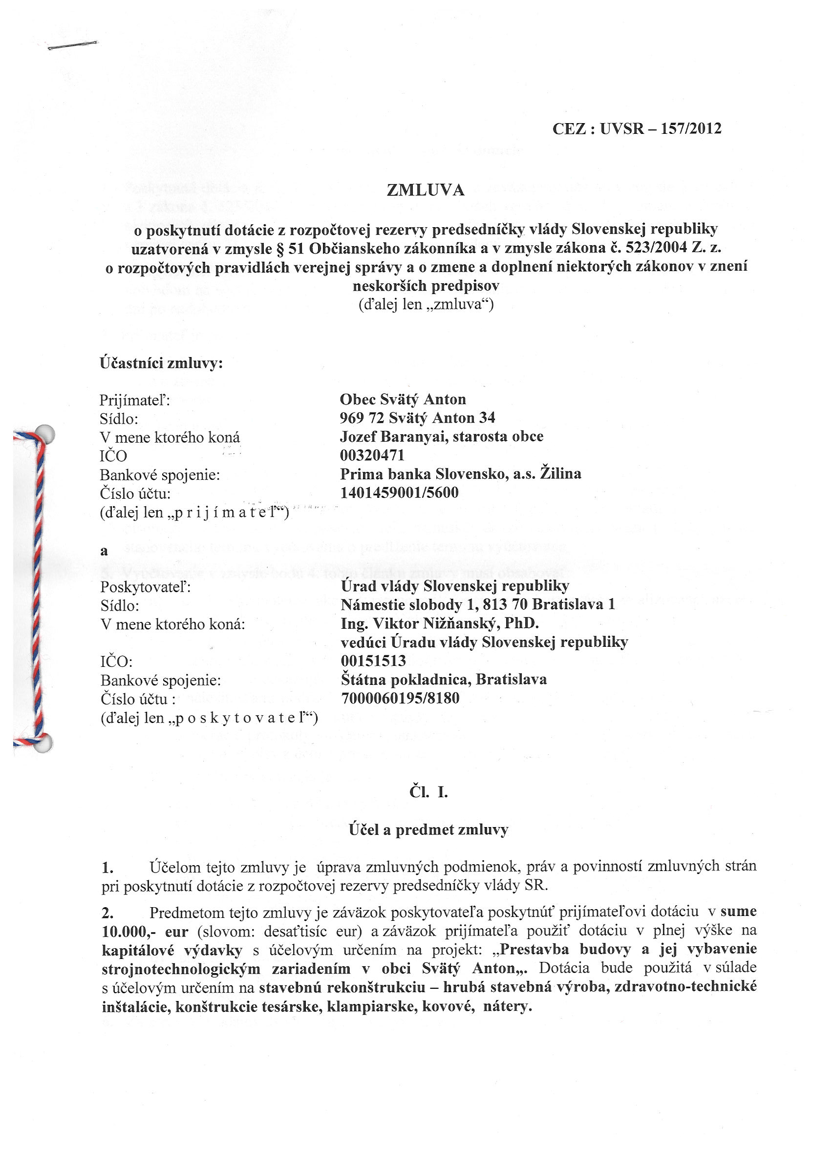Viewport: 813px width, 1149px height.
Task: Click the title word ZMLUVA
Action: (x=426, y=190)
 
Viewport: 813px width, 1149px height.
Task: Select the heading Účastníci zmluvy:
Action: (x=161, y=363)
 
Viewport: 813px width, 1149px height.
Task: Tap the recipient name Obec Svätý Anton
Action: (x=403, y=399)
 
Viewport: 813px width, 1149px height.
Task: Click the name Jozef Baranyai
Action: (x=393, y=436)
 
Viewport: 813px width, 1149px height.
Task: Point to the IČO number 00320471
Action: (x=372, y=455)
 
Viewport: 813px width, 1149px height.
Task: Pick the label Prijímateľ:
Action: (x=135, y=401)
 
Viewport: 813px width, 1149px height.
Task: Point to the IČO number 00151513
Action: (x=373, y=661)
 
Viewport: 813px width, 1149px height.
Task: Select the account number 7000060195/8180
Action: (x=400, y=698)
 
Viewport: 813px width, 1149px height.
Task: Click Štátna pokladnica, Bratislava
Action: (x=444, y=680)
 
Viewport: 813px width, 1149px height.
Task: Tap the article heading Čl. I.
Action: (x=428, y=792)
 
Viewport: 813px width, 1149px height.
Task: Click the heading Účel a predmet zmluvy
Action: (x=428, y=830)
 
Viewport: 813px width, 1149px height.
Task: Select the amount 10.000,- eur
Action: (x=145, y=932)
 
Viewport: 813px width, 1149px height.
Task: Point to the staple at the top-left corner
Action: (x=73, y=46)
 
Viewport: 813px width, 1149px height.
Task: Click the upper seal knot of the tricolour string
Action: (x=45, y=433)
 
